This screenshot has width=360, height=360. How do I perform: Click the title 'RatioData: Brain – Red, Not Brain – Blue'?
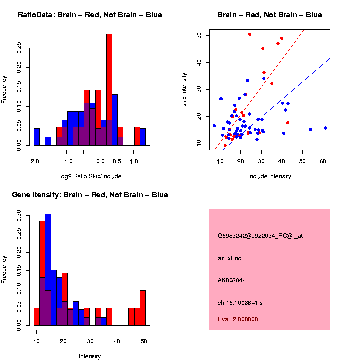[x=90, y=15]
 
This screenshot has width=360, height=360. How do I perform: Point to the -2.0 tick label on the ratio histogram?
[x=33, y=162]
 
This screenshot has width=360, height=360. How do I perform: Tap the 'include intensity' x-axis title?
[x=270, y=176]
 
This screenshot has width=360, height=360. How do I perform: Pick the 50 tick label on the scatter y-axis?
[x=200, y=36]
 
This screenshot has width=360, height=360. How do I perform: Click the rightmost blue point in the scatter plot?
[x=325, y=128]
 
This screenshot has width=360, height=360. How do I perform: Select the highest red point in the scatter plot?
[x=250, y=34]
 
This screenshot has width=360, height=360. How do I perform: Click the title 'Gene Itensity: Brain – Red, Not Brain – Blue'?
[x=90, y=195]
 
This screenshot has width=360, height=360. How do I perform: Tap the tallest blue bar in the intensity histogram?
[x=48, y=270]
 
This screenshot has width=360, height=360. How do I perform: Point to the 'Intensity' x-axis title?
[x=90, y=356]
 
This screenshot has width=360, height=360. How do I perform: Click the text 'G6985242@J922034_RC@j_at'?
[x=260, y=236]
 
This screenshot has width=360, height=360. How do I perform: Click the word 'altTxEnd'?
[x=230, y=258]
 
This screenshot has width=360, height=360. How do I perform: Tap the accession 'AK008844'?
[x=233, y=280]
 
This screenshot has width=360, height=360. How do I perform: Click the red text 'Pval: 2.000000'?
[x=238, y=319]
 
